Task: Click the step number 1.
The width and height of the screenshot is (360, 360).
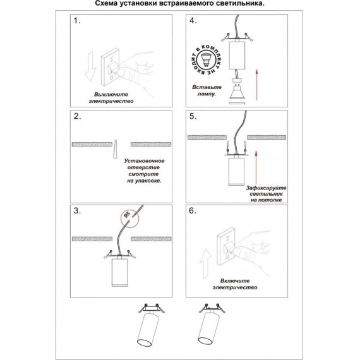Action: (x=76, y=21)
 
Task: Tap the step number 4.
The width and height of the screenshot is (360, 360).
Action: (x=193, y=21)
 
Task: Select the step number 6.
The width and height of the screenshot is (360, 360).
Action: (x=193, y=211)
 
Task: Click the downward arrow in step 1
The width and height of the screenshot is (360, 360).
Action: (x=90, y=66)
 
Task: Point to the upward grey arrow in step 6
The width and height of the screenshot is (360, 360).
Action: (x=205, y=263)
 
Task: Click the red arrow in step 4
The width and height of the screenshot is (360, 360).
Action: (x=257, y=85)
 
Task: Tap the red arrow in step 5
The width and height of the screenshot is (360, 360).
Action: (x=256, y=167)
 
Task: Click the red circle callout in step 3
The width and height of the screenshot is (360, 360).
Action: (x=130, y=219)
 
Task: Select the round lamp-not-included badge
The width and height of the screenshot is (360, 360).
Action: (x=206, y=60)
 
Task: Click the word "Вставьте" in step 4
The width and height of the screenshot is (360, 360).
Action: (x=207, y=87)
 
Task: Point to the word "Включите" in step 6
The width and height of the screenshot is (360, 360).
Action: (x=235, y=281)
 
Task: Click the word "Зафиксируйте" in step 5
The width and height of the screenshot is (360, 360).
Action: (x=266, y=188)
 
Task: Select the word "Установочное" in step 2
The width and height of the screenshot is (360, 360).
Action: (x=144, y=161)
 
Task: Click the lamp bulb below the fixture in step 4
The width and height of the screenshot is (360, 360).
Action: (x=237, y=92)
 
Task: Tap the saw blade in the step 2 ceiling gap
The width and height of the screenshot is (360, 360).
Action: (x=115, y=149)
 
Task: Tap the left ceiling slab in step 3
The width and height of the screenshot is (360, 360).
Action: (x=92, y=239)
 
